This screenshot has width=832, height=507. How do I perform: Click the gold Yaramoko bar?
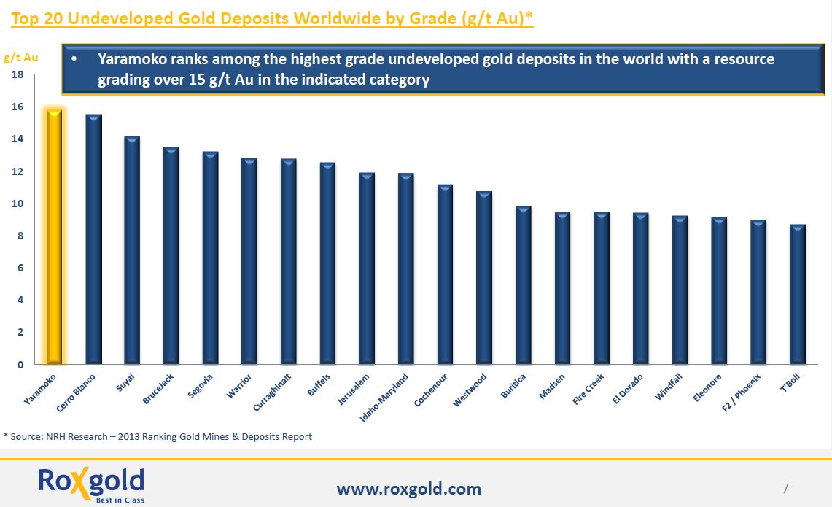pyautogui.click(x=54, y=237)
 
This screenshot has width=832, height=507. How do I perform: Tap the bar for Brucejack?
pyautogui.click(x=171, y=255)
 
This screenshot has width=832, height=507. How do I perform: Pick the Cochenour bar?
pyautogui.click(x=445, y=274)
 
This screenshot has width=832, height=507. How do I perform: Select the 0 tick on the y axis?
pyautogui.click(x=20, y=365)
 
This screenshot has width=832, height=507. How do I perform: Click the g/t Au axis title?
pyautogui.click(x=21, y=57)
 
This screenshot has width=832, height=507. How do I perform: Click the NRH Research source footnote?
pyautogui.click(x=158, y=436)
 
